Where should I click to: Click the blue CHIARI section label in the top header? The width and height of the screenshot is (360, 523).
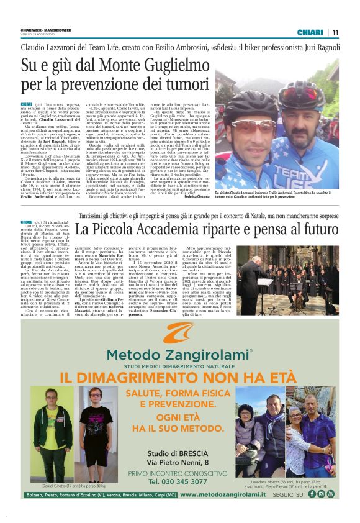coord(310,32)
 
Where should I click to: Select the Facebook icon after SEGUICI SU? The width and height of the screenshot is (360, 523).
coord(312,494)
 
